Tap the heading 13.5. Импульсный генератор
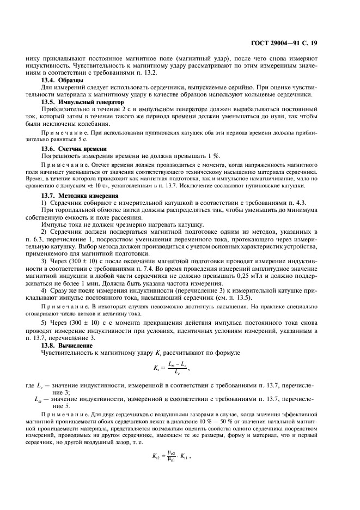83,101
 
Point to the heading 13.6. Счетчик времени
74,149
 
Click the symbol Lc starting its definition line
50,386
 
